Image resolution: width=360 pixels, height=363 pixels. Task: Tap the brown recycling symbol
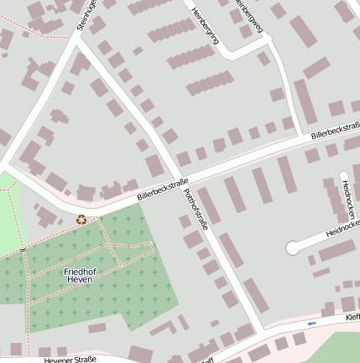click(x=81, y=220)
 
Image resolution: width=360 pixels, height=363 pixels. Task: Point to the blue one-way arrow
click(x=311, y=323)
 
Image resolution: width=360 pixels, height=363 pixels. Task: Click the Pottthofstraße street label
click(x=194, y=205)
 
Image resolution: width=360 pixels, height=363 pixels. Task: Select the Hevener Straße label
click(x=69, y=359)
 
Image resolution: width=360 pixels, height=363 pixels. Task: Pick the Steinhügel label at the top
click(x=83, y=15)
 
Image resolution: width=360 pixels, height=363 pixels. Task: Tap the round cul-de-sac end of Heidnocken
click(x=293, y=247)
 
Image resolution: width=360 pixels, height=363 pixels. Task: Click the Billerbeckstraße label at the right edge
click(x=335, y=131)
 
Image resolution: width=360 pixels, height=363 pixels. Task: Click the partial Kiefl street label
click(x=352, y=318)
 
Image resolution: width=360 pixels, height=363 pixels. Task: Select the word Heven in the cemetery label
click(x=81, y=281)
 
